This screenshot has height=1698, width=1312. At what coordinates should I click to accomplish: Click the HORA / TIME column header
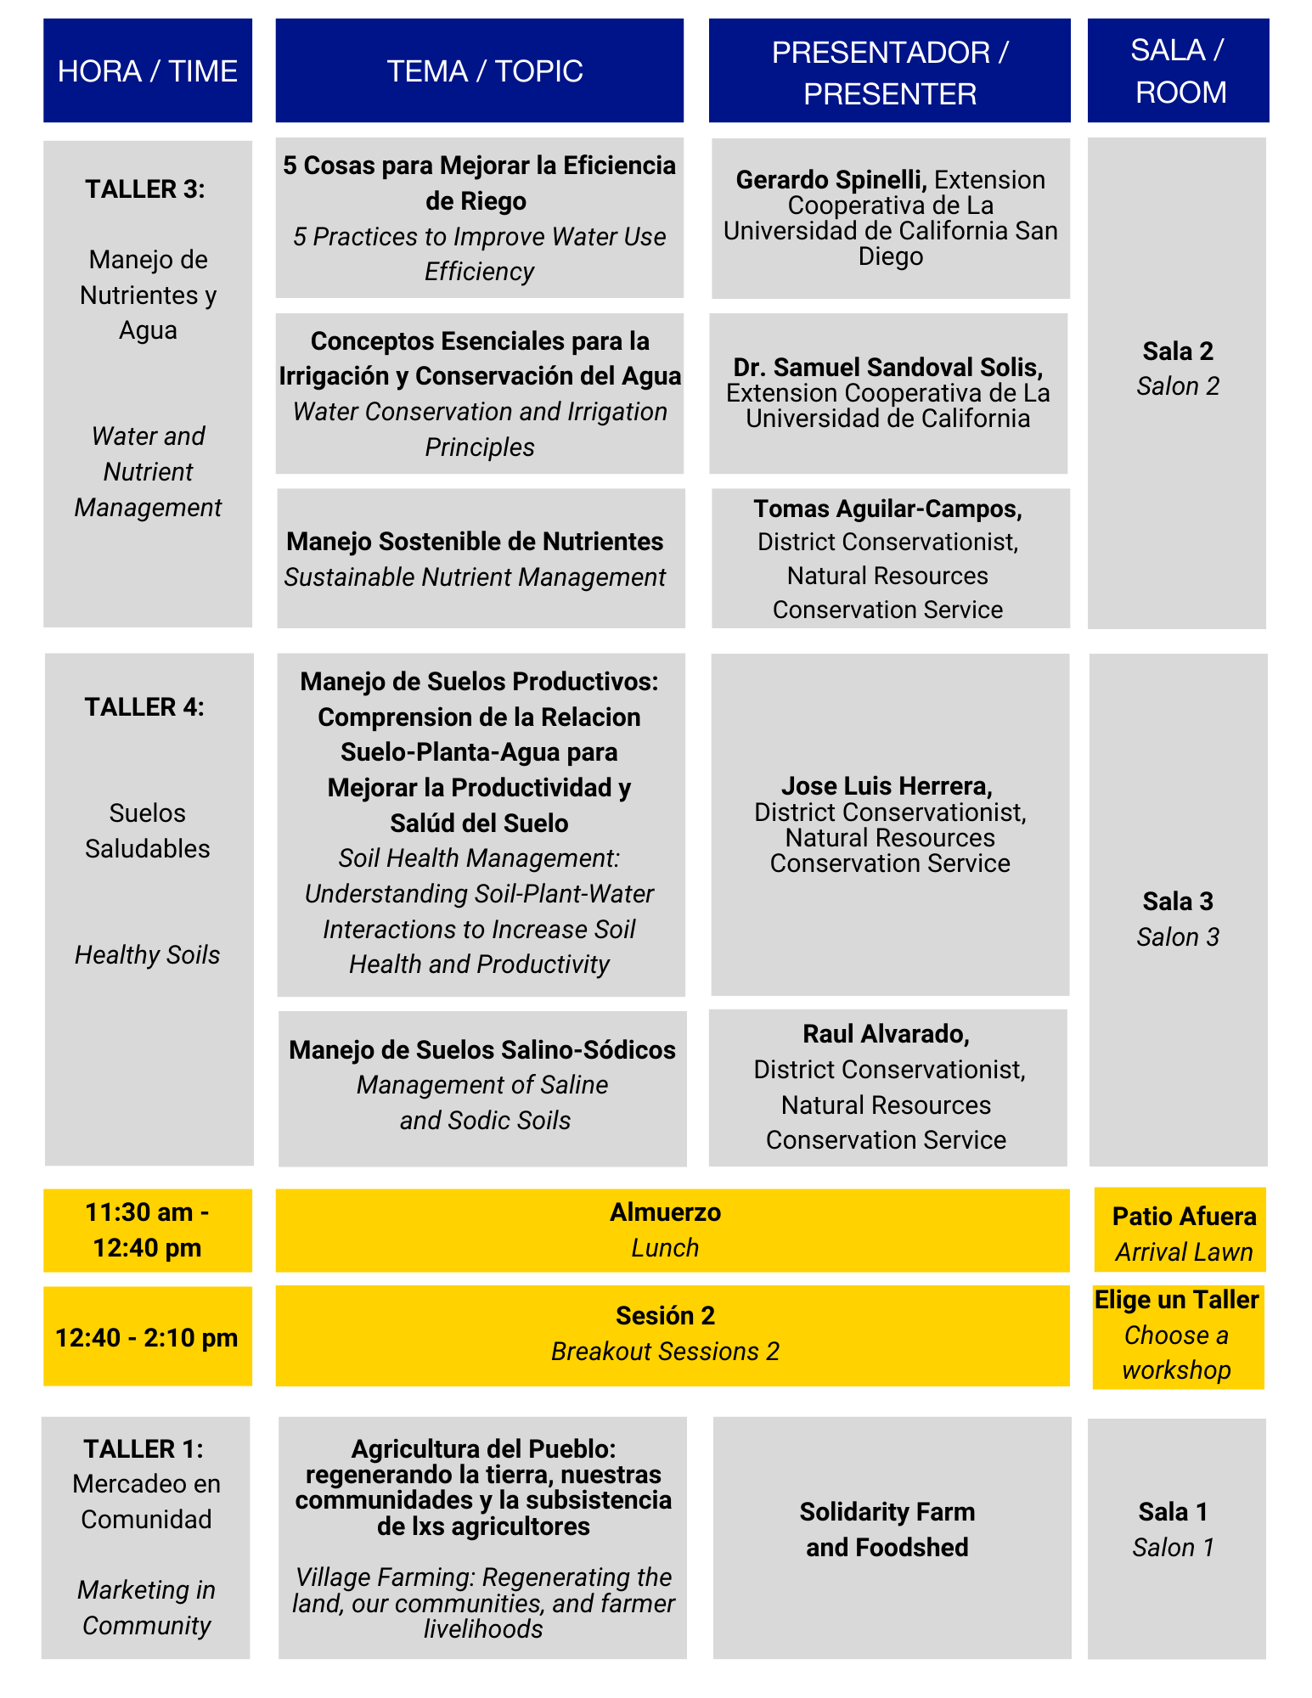pos(147,70)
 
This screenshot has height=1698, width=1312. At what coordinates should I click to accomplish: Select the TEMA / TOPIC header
pos(484,70)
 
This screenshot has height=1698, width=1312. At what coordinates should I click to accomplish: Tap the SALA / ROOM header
pos(1180,70)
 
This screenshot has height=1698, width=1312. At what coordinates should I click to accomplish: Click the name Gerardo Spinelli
pos(830,180)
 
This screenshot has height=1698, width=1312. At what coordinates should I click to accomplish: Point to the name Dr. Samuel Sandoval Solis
pos(887,367)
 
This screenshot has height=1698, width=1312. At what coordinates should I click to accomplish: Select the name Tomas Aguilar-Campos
pos(887,509)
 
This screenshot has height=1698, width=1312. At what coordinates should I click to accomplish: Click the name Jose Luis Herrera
pos(887,785)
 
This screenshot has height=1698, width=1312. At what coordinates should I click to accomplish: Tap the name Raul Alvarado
pos(886,1033)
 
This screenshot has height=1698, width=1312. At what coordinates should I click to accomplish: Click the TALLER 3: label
pos(145,188)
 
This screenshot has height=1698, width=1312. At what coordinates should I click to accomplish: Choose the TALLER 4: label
pos(144,706)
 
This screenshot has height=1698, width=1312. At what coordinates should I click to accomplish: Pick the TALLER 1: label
pos(144,1448)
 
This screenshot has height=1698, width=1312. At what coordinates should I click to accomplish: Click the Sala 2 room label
pos(1178,351)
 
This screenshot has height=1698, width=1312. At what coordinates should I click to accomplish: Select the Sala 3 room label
pos(1178,901)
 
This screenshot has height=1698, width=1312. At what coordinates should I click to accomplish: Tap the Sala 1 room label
pos(1173,1511)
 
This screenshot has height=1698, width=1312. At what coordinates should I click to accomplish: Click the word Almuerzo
pos(665,1212)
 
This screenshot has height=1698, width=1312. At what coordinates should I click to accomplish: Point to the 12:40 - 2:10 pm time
pos(146,1337)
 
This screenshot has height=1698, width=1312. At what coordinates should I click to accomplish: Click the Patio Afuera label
pos(1184,1216)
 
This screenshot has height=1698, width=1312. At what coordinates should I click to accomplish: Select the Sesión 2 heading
pos(665,1315)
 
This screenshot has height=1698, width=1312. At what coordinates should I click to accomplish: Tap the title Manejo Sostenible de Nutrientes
pos(475,541)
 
